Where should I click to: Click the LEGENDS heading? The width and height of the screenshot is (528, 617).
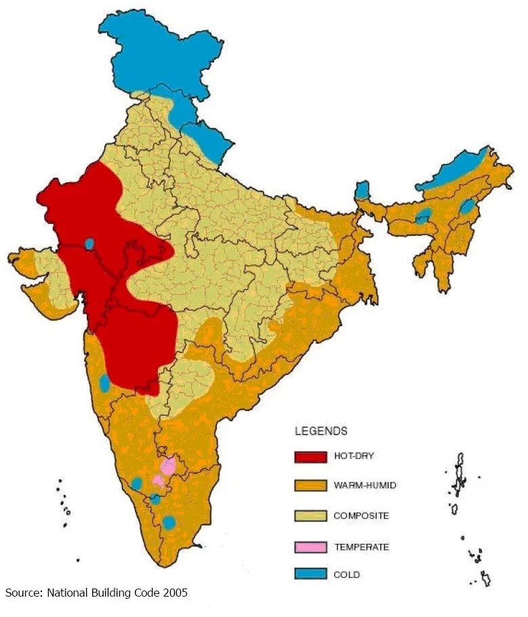tap(321, 431)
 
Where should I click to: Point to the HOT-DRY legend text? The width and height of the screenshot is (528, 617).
tap(354, 456)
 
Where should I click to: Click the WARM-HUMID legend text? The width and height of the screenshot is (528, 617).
tap(365, 485)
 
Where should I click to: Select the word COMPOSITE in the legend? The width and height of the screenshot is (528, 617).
tap(361, 516)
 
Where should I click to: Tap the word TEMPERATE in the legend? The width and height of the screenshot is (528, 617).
tap(361, 546)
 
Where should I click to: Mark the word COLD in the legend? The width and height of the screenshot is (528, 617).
tap(346, 575)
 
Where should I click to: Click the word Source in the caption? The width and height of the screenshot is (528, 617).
tap(24, 593)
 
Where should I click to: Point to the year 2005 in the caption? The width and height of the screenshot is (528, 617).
tap(174, 593)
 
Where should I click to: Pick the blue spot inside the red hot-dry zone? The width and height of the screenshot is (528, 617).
tap(89, 243)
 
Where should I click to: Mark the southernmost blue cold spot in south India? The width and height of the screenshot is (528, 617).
tap(169, 523)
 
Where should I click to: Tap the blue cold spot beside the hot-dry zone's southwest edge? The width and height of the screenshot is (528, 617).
tap(104, 383)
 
